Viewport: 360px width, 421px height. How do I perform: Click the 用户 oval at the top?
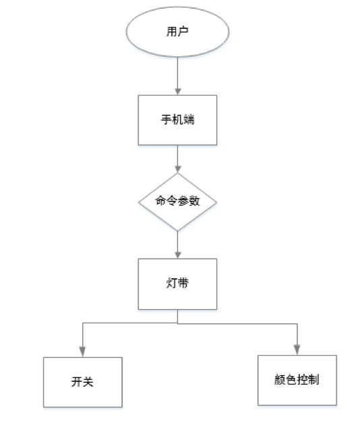point(177,32)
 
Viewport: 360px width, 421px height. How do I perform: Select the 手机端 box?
point(177,120)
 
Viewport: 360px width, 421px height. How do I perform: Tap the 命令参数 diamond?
point(177,202)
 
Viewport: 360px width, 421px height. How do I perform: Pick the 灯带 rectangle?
point(177,284)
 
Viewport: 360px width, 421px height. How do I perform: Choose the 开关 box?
point(83,382)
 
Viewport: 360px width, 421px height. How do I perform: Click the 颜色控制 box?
point(297,380)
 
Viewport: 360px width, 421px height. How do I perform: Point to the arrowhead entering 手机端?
point(177,92)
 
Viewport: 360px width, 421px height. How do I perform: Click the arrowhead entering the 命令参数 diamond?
point(177,169)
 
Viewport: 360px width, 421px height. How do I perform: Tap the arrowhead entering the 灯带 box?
point(177,255)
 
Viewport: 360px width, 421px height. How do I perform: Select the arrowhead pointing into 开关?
point(83,352)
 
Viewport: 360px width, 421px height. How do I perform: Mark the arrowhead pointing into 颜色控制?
point(297,350)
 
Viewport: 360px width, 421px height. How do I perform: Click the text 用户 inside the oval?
point(177,32)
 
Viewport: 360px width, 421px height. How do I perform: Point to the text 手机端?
point(177,119)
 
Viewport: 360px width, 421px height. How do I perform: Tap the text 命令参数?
point(177,201)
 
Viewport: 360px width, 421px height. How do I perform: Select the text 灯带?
point(177,283)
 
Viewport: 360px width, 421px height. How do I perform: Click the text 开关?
point(82,382)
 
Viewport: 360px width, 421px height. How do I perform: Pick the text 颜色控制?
point(297,380)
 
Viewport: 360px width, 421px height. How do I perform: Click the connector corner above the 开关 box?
point(83,323)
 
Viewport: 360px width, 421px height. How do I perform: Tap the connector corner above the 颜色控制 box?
point(297,324)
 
